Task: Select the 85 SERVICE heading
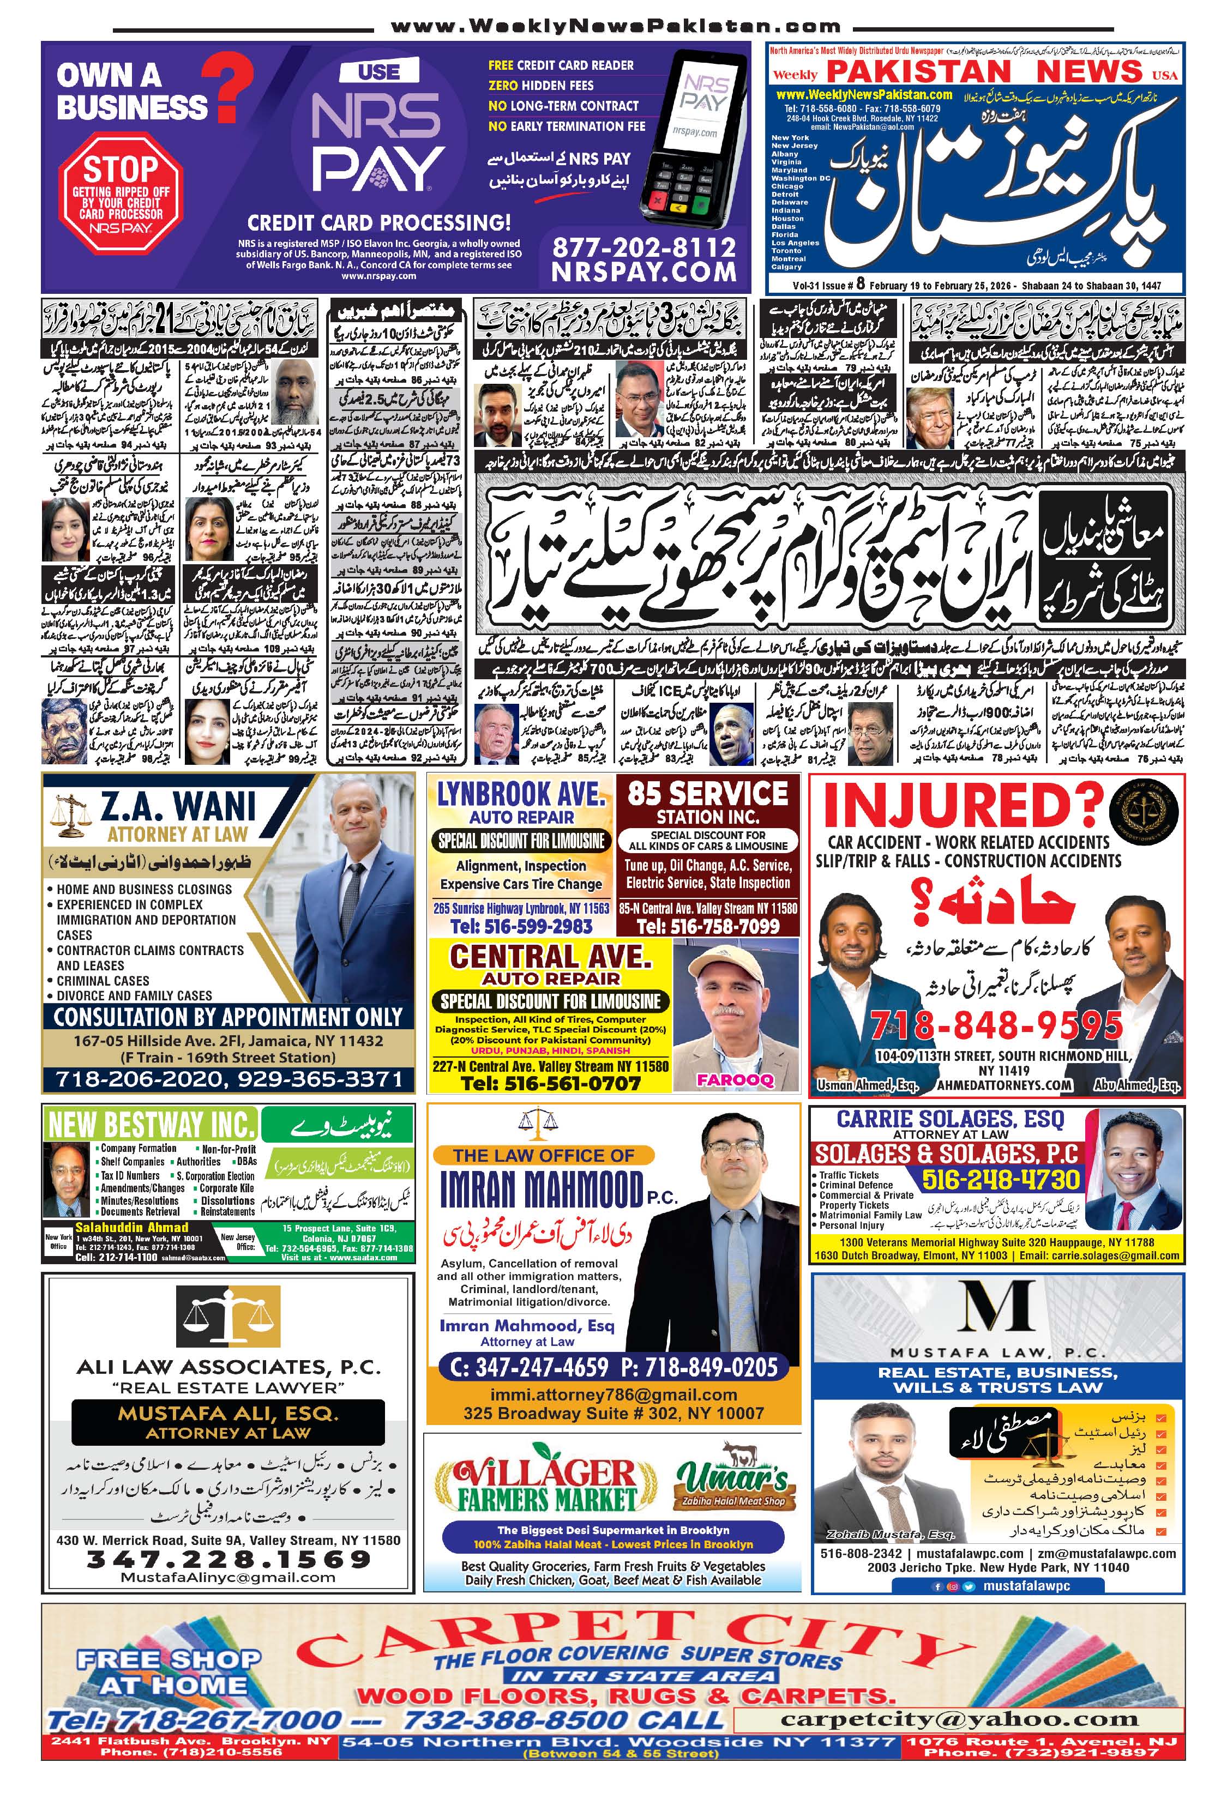point(707,793)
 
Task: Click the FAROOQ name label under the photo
point(735,1080)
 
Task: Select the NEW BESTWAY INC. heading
point(151,1124)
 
